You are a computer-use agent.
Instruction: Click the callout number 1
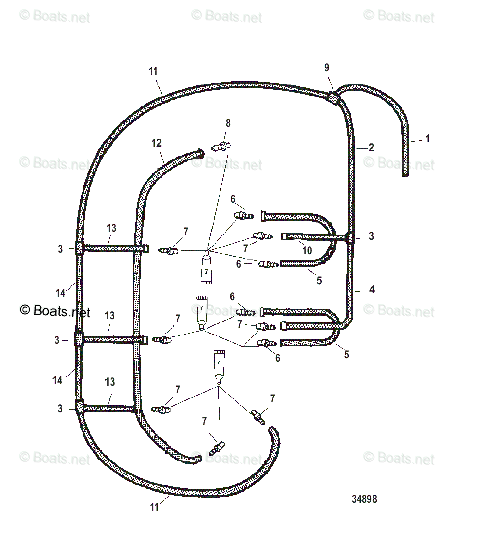[428, 138]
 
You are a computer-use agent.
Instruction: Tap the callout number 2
[371, 148]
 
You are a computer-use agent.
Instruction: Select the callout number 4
[371, 290]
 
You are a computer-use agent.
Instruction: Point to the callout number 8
[228, 123]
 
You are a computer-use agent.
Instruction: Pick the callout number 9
[327, 68]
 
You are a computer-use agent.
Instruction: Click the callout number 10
[307, 250]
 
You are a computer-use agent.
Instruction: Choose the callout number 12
[156, 143]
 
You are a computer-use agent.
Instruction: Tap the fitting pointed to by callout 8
[221, 147]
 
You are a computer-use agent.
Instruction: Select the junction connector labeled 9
[333, 97]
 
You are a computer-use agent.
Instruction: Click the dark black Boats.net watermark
[55, 311]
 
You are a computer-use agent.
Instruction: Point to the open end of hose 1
[405, 173]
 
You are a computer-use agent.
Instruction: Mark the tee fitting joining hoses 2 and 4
[351, 238]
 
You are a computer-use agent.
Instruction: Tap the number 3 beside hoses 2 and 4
[371, 236]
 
